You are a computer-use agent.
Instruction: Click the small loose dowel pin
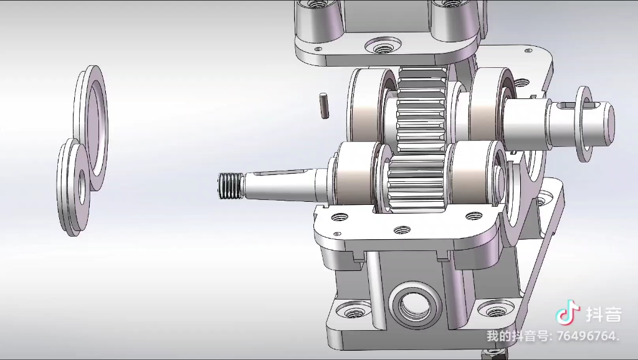click(324, 106)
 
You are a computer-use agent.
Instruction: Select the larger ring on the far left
click(92, 127)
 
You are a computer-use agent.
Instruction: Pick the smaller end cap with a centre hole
click(74, 187)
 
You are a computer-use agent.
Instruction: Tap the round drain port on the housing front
click(415, 305)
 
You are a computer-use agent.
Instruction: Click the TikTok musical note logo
click(568, 313)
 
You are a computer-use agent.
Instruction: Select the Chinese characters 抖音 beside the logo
click(604, 315)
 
